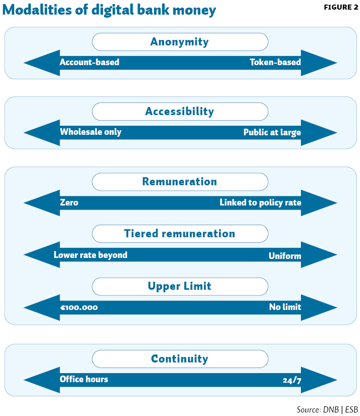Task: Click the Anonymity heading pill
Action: pos(180,42)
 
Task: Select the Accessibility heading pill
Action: pos(180,112)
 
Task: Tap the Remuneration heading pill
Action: pos(180,182)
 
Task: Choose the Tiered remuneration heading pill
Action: pos(180,234)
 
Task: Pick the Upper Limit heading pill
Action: pos(180,287)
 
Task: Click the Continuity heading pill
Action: pos(180,358)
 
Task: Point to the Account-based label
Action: pos(89,62)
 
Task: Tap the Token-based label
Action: pos(275,62)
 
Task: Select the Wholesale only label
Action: pos(91,132)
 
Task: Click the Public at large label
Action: pos(272,132)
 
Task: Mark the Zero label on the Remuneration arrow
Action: pos(69,202)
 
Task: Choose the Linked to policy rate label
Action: pos(260,202)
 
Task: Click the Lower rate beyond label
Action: pos(90,255)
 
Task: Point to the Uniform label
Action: pos(285,256)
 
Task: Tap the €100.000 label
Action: pos(79,307)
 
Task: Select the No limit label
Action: pos(285,307)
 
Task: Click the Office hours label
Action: pos(84,379)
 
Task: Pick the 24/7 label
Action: pos(292,381)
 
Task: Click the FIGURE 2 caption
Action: pos(341,7)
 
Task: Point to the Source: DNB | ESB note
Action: pos(327,409)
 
